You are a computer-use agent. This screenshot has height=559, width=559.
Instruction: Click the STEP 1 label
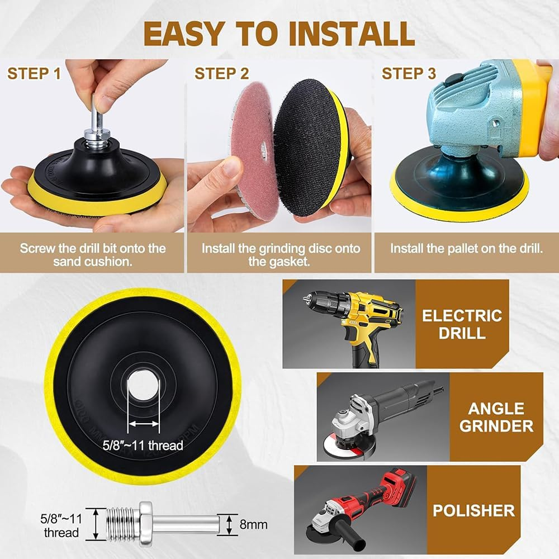[x=34, y=73]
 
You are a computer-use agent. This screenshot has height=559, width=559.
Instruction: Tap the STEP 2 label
[x=221, y=73]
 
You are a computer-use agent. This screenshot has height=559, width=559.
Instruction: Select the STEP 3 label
[x=409, y=73]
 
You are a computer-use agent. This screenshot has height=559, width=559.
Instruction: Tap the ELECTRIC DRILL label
[x=462, y=324]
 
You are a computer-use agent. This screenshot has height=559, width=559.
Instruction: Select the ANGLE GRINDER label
[x=496, y=417]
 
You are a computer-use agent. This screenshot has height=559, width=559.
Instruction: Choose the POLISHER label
[x=474, y=510]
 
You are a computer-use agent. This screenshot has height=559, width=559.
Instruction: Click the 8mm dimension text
[x=253, y=524]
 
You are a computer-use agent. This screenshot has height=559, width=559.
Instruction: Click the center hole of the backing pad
[x=143, y=385]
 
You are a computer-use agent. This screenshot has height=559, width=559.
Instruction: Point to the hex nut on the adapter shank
[x=146, y=524]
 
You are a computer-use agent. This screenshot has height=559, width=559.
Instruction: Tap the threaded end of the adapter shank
[x=123, y=524]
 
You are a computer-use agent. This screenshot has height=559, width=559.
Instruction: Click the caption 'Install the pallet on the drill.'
[x=466, y=249]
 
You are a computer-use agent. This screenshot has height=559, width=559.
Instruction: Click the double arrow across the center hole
[x=143, y=424]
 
